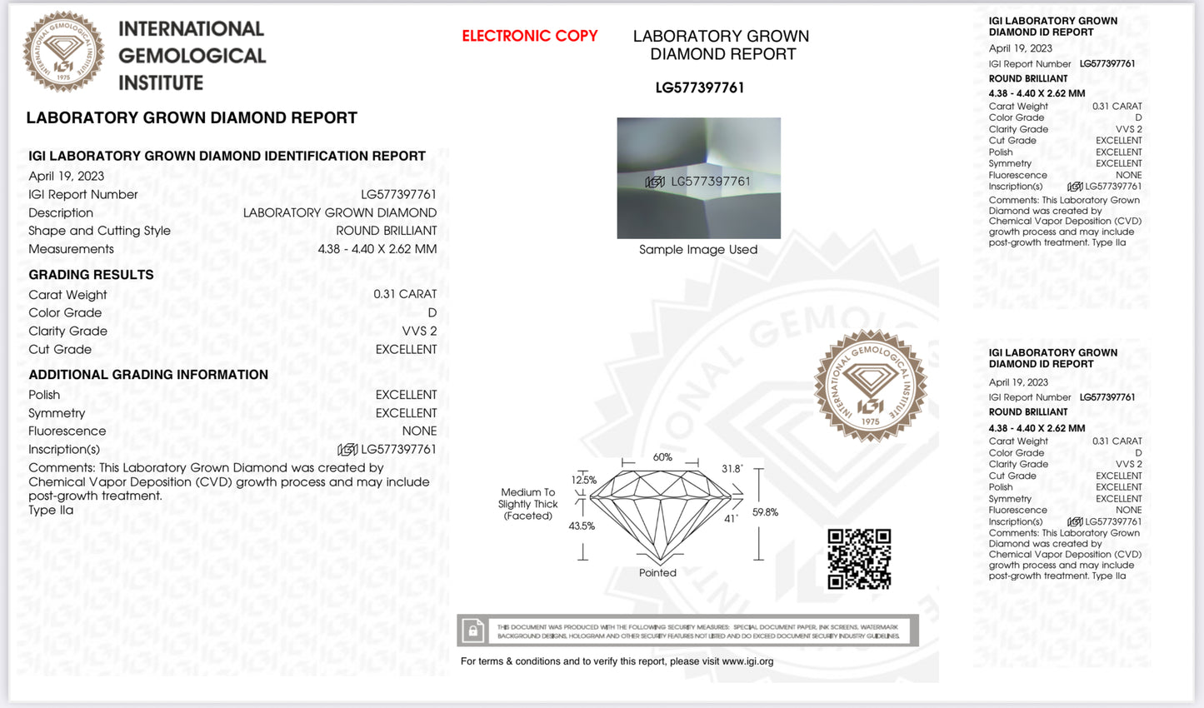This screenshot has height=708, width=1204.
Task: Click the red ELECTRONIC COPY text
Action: (530, 36)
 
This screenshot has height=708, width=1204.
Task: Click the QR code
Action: (859, 559)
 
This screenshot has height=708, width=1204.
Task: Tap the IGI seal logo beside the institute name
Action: (63, 52)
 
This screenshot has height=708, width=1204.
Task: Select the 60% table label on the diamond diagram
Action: (662, 457)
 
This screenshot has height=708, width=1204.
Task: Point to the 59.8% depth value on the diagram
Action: (765, 512)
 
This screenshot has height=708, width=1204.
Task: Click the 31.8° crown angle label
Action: (732, 469)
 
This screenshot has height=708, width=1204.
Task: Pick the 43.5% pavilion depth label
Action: (582, 526)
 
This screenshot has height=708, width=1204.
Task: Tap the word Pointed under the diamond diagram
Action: (657, 573)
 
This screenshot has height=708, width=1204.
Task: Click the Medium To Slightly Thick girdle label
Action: (527, 504)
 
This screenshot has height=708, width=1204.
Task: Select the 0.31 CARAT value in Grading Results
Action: (405, 294)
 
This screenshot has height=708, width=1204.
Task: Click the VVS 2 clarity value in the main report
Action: (419, 331)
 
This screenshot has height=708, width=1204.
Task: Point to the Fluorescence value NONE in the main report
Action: (419, 431)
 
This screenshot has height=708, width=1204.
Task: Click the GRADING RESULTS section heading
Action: (91, 275)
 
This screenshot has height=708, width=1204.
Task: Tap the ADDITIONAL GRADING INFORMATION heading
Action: (148, 375)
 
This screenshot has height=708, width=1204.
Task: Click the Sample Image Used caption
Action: (698, 250)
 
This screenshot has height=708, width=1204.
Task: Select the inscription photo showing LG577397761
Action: (698, 178)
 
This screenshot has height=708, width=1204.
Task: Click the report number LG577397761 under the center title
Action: (700, 87)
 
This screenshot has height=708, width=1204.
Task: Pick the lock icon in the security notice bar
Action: (473, 631)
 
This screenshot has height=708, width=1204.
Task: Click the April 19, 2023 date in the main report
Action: (67, 176)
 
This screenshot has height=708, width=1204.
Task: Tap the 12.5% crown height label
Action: (583, 480)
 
